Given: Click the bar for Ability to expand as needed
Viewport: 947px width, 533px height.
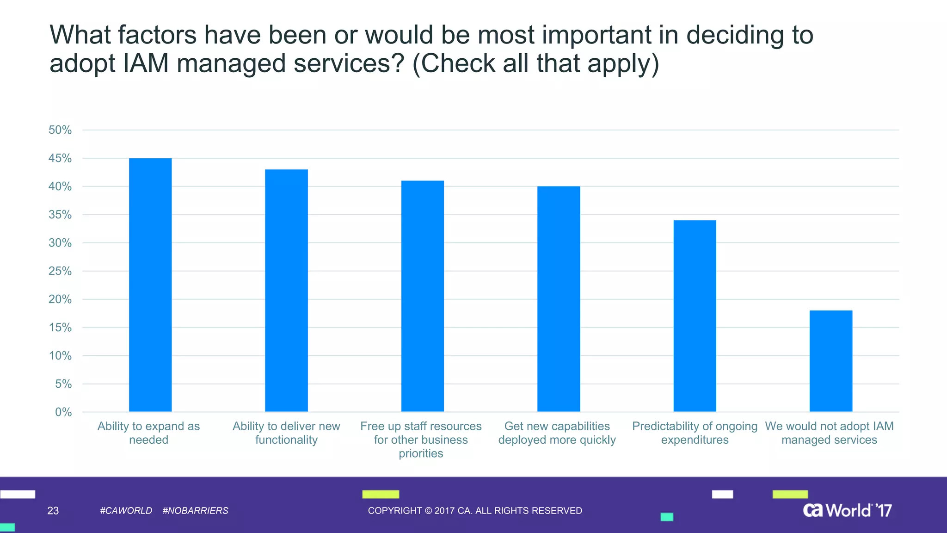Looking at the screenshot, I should click(150, 285).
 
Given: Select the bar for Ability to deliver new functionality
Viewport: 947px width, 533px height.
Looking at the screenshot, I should click(286, 291).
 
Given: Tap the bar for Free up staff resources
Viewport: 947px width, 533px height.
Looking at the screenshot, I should click(422, 296).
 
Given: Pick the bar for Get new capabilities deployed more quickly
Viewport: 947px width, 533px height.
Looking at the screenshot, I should click(559, 299).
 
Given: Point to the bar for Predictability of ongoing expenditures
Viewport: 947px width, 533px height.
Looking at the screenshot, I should click(695, 316).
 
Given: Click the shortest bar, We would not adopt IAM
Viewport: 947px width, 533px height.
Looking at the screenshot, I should click(830, 361).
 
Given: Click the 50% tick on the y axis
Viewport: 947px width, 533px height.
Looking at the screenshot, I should click(60, 130).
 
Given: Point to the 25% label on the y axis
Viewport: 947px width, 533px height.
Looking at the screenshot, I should click(60, 271).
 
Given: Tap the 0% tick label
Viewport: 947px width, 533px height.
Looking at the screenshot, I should click(63, 412).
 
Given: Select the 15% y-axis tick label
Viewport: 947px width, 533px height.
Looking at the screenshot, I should click(60, 328).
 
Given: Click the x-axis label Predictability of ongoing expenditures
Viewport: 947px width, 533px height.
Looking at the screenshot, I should click(695, 433).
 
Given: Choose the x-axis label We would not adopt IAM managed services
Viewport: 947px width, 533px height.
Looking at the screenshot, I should click(829, 433).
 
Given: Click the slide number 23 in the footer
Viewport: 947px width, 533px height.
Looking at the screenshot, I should click(53, 511).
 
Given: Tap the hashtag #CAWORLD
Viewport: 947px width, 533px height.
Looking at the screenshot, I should click(126, 511).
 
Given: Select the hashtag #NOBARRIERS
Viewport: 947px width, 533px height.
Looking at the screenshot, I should click(196, 511).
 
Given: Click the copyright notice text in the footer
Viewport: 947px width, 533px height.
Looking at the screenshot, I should click(475, 511).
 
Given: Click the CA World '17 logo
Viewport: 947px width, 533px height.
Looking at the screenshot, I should click(847, 510).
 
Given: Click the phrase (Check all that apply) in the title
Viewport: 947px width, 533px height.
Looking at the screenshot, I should click(535, 63).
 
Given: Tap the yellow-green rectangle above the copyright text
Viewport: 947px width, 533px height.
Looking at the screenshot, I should click(380, 494).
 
